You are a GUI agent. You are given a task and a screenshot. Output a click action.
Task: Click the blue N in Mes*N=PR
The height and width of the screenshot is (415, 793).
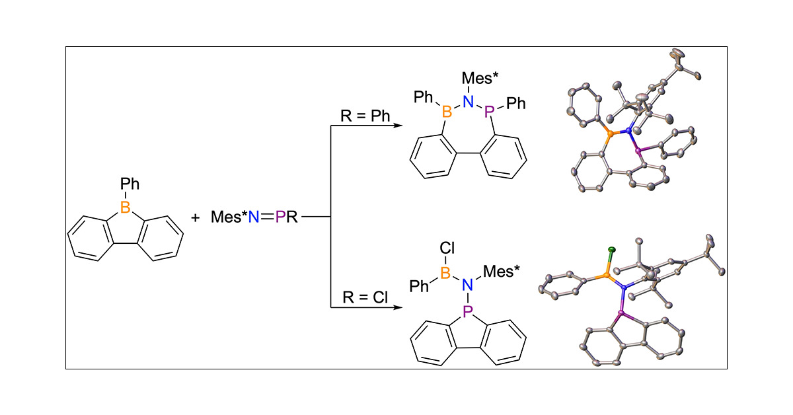point(252,217)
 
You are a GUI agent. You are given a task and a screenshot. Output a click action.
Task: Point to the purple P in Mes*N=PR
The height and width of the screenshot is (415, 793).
point(280,217)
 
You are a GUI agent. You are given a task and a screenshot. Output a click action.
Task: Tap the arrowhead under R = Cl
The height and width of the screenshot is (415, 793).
point(398,308)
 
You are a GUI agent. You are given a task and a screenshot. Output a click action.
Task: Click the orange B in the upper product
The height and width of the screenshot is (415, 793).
point(447,113)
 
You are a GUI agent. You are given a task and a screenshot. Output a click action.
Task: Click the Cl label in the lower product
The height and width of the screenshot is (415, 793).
point(446,250)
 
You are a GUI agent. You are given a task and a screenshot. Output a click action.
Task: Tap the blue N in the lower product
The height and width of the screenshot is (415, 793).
point(469,285)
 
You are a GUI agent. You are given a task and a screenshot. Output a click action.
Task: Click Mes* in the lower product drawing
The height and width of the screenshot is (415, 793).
point(500,271)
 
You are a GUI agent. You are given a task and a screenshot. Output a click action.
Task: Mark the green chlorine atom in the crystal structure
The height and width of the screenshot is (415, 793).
point(612,250)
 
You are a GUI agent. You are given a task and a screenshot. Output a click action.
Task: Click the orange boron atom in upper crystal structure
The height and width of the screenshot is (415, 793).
point(605,134)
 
